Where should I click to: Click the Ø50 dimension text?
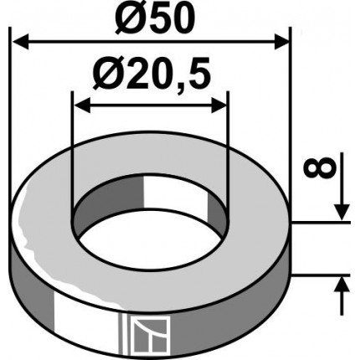[x=149, y=18]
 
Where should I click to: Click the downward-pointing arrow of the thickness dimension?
[x=342, y=213]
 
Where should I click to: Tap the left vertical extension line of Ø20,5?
[x=73, y=151]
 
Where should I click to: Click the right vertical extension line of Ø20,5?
[x=227, y=151]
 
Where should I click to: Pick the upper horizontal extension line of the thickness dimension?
[x=318, y=223]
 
